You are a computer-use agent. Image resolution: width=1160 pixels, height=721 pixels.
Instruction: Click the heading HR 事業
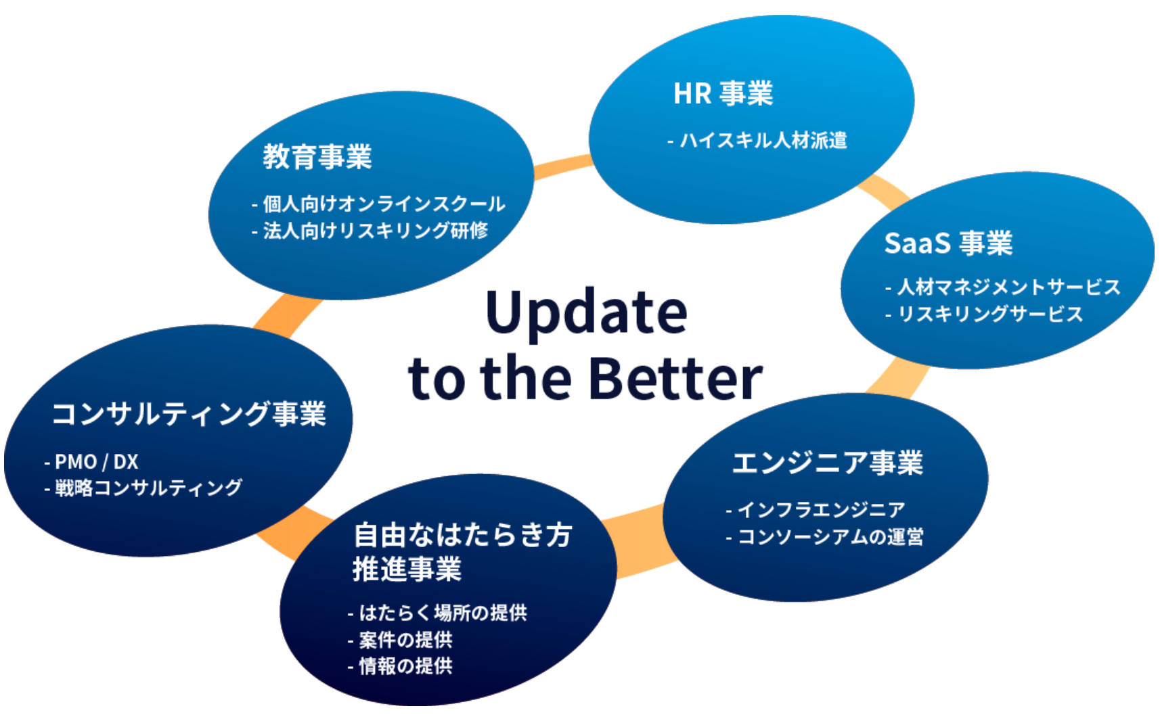pyautogui.click(x=723, y=93)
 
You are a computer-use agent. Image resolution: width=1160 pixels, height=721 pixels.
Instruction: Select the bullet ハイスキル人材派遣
pyautogui.click(x=763, y=140)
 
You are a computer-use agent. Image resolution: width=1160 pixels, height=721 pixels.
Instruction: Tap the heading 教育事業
pyautogui.click(x=317, y=157)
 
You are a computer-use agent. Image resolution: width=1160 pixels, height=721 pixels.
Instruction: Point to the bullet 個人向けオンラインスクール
pyautogui.click(x=383, y=203)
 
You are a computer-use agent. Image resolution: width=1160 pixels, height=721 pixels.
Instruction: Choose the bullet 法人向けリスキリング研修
pyautogui.click(x=375, y=231)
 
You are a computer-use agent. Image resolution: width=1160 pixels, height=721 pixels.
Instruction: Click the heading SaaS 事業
pyautogui.click(x=948, y=243)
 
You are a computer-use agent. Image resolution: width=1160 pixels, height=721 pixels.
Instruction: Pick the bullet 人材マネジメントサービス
pyautogui.click(x=1008, y=287)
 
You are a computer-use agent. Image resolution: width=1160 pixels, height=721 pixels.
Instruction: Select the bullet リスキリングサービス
pyautogui.click(x=989, y=314)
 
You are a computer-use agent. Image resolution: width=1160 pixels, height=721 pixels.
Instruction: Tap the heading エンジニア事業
pyautogui.click(x=827, y=463)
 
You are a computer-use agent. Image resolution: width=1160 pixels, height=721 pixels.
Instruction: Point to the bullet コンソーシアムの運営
pyautogui.click(x=830, y=536)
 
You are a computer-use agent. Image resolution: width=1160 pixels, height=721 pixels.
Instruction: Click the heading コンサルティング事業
pyautogui.click(x=189, y=414)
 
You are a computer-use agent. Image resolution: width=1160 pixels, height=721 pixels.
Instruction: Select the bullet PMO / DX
pyautogui.click(x=96, y=462)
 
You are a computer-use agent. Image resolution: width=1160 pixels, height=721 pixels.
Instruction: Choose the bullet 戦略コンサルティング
pyautogui.click(x=148, y=488)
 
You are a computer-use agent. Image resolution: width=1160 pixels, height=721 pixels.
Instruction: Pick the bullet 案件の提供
pyautogui.click(x=405, y=640)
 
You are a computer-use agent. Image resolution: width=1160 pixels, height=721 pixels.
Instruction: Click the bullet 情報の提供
pyautogui.click(x=405, y=666)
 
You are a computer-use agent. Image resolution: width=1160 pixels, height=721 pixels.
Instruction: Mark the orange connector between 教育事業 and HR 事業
pyautogui.click(x=562, y=166)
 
